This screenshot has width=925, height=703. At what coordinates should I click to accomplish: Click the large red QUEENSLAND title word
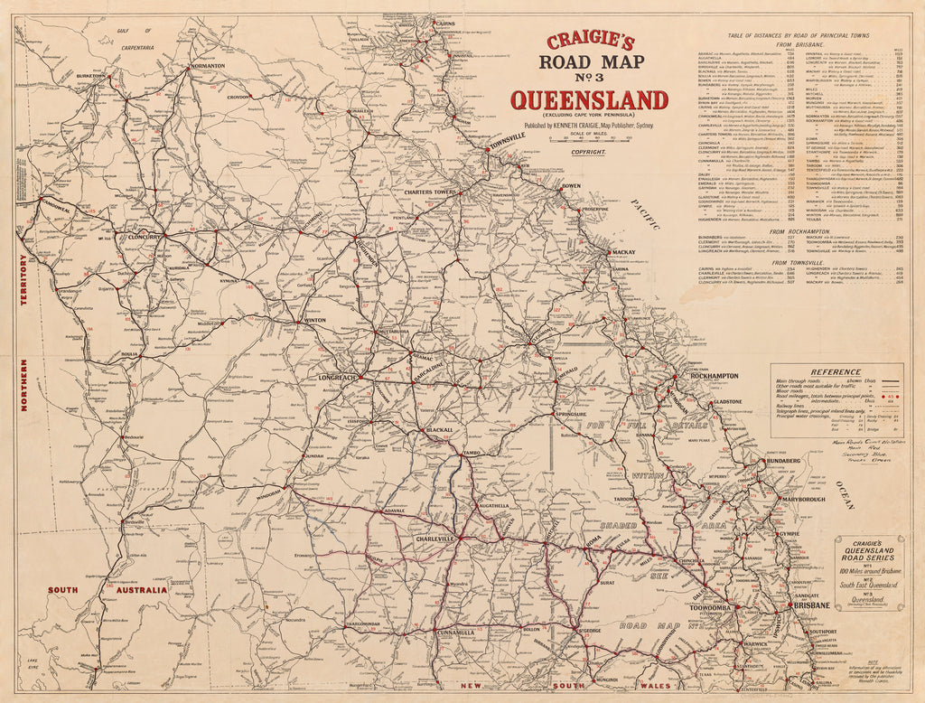(589, 100)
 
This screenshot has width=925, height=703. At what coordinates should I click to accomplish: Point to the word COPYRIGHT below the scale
(588, 152)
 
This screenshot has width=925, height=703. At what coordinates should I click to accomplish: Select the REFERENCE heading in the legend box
(835, 371)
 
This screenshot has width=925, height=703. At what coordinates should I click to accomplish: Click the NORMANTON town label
(208, 67)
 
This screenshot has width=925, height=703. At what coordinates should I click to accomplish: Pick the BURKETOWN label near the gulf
(91, 77)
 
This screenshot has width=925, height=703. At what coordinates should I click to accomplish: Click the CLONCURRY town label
(144, 237)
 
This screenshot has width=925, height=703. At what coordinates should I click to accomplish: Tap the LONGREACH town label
(340, 377)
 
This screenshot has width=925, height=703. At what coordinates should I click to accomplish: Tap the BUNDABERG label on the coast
(783, 461)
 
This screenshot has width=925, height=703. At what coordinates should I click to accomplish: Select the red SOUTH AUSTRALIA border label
(107, 590)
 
